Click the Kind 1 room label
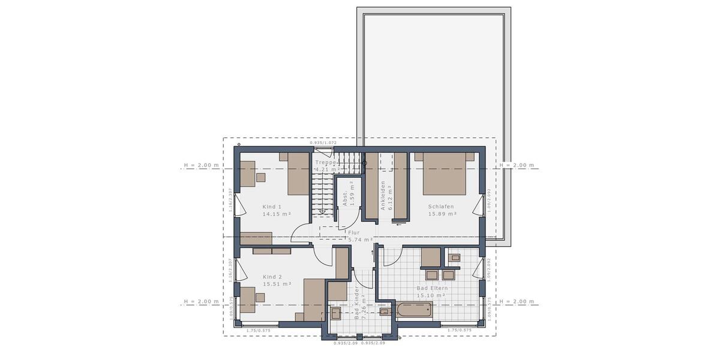(272, 206)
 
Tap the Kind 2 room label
(272, 277)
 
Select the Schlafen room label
(440, 206)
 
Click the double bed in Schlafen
(445, 173)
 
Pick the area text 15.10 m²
(431, 295)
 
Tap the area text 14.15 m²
(277, 214)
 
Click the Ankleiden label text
(382, 196)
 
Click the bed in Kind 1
(298, 173)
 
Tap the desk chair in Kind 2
(260, 296)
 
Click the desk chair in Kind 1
(261, 177)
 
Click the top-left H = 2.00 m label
(201, 165)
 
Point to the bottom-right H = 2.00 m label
(517, 301)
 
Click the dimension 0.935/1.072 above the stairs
(323, 143)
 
